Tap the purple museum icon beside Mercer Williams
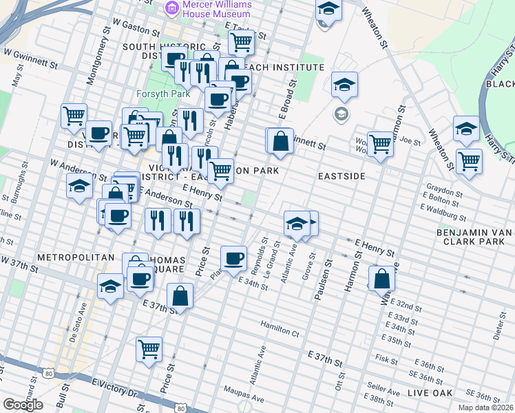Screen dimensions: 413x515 [x=171, y=8]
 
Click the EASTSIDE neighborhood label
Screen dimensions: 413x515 [x=341, y=177]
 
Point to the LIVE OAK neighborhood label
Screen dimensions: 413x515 [x=429, y=393]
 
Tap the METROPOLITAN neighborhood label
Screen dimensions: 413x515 [x=65, y=257]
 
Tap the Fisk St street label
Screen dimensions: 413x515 [x=386, y=359]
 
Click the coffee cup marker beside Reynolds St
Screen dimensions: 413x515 [x=234, y=258]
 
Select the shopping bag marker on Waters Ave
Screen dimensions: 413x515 [x=382, y=279]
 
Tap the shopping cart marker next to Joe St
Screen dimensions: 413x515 [x=380, y=144]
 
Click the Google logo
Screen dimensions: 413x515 [x=23, y=405]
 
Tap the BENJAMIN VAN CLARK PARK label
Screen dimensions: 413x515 [x=474, y=237]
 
